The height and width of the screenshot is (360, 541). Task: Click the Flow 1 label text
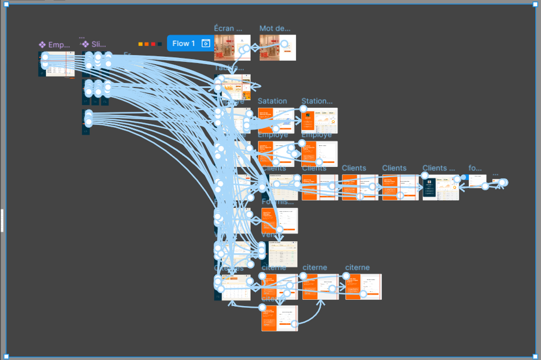(x=184, y=43)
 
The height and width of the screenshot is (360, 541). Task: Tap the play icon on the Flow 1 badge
(x=206, y=43)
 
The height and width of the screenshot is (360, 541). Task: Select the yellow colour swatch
(x=140, y=44)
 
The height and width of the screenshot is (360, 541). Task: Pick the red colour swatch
(x=153, y=44)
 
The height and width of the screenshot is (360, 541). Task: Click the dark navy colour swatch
(x=159, y=44)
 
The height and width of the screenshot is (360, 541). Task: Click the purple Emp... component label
(x=56, y=44)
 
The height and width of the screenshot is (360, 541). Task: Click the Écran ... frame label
(x=228, y=28)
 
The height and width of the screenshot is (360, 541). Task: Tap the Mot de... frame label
(x=274, y=28)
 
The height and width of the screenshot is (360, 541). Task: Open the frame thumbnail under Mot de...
(x=277, y=48)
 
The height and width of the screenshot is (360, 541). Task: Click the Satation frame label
(x=272, y=101)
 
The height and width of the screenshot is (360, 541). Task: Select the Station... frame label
(x=317, y=101)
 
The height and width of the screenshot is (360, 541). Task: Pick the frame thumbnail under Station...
(x=319, y=120)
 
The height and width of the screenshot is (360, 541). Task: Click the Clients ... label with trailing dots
(x=439, y=168)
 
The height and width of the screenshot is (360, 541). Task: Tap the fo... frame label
(x=475, y=168)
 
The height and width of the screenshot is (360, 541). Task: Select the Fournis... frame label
(x=278, y=202)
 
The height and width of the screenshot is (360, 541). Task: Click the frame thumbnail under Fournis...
(x=280, y=220)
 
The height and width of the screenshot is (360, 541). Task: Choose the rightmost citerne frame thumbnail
(x=363, y=287)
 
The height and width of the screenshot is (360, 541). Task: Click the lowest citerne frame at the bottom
(x=280, y=318)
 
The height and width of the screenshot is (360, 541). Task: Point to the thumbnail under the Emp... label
(x=57, y=64)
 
